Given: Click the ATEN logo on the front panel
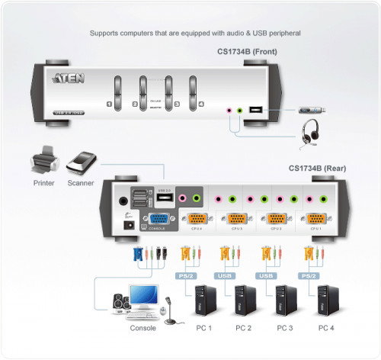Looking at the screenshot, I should pyautogui.click(x=65, y=77).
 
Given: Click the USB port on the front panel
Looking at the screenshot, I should pyautogui.click(x=255, y=111).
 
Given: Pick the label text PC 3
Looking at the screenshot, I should pyautogui.click(x=284, y=328).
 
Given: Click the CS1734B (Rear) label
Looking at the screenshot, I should pyautogui.click(x=315, y=169).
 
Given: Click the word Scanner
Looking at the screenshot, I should pyautogui.click(x=80, y=184).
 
